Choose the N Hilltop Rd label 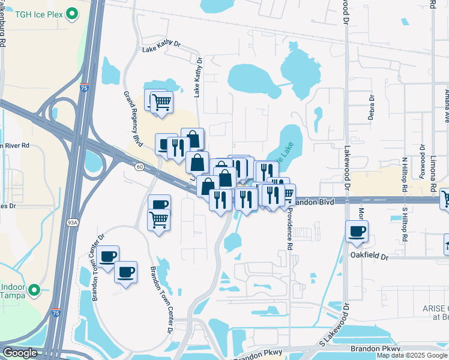point(405,174)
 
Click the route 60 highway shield point(139,166)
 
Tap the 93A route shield point(72,223)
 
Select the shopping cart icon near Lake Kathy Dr point(160,102)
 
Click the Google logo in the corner point(19,353)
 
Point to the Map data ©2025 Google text point(412,355)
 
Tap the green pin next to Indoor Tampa point(35,290)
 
